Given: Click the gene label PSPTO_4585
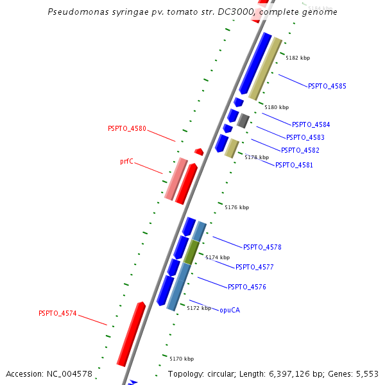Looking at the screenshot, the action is (x=327, y=86).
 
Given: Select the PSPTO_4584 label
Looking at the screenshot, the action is (x=311, y=124).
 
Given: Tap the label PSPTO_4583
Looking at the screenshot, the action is (x=305, y=137).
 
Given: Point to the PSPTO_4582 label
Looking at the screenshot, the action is (x=300, y=150).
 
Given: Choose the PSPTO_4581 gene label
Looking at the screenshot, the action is (x=295, y=165).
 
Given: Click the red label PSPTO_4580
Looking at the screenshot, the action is (x=127, y=129).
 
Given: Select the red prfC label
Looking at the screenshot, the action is (x=126, y=162).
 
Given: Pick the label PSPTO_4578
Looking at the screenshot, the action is (x=262, y=247).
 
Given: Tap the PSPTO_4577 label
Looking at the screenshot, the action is (x=255, y=267).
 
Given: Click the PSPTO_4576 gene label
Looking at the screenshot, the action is (x=247, y=287).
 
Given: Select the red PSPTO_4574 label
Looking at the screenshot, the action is (x=58, y=314).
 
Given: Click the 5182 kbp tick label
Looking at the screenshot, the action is (x=298, y=58).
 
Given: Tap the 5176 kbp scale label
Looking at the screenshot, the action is (x=237, y=207).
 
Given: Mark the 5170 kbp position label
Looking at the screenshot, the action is (x=182, y=359).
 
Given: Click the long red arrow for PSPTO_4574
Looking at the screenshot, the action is (x=131, y=334).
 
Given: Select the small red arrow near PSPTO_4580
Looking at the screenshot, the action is (x=199, y=152).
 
